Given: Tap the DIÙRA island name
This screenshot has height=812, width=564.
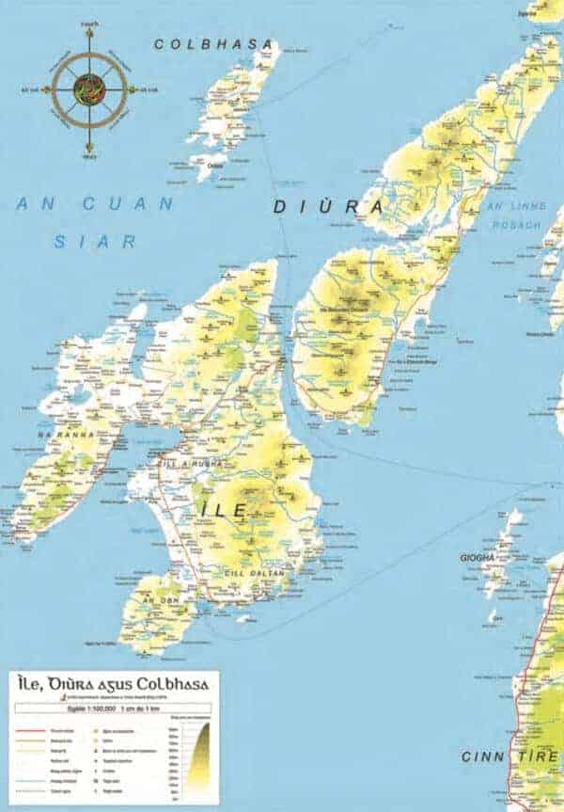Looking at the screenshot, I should (328, 206).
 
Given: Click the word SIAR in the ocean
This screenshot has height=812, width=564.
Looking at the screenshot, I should (95, 241).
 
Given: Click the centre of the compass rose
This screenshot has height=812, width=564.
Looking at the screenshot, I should (89, 90).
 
